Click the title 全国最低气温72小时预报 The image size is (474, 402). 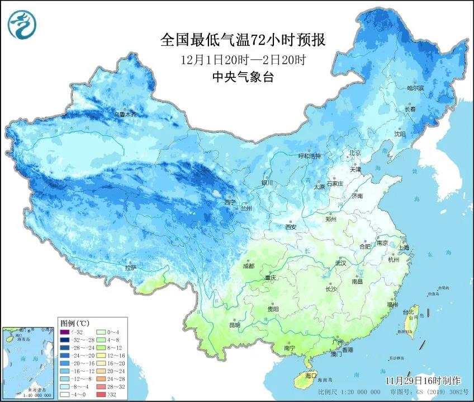(x=243, y=40)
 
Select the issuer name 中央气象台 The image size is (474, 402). (x=243, y=77)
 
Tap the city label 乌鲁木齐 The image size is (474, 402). (x=125, y=114)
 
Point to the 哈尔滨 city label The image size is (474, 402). (x=416, y=88)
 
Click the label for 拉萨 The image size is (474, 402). (x=131, y=268)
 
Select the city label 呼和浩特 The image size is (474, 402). (x=310, y=156)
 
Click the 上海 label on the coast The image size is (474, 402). (x=404, y=247)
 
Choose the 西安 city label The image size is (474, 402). (x=290, y=227)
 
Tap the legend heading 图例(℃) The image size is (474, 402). (x=74, y=324)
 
